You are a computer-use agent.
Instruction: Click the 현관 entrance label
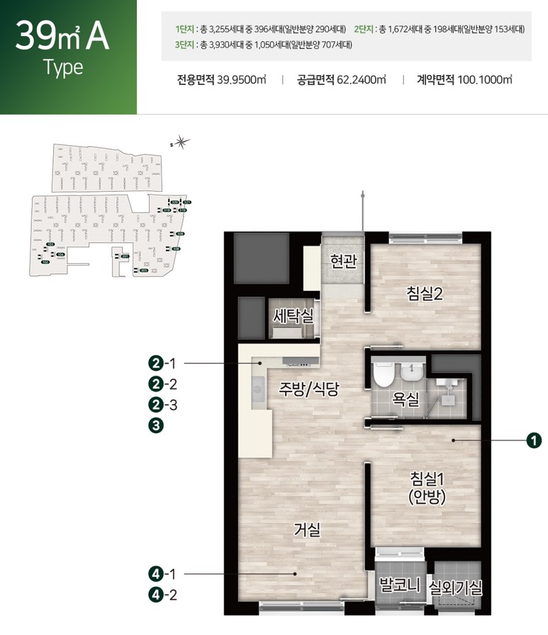tap(343, 262)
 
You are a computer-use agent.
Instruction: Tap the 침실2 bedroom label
tap(425, 292)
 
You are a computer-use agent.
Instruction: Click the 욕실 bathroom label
tap(406, 399)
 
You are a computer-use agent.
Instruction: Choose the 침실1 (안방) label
tap(427, 487)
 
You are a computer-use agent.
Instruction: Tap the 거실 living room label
tap(308, 529)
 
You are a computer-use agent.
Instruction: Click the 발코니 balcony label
tap(401, 585)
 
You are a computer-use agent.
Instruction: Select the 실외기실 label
tap(457, 587)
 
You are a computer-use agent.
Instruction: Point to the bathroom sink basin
tap(410, 372)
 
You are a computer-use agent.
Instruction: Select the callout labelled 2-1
tap(163, 364)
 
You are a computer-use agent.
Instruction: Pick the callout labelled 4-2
tap(163, 594)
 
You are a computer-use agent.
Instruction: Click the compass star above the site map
tap(181, 142)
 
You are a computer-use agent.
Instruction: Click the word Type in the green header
tap(63, 68)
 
